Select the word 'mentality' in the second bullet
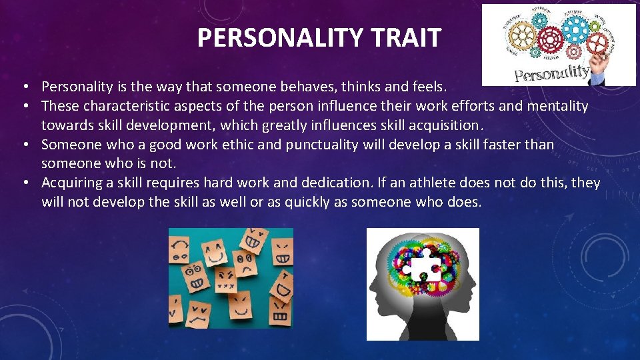[x=558, y=106]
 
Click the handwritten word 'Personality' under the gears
[x=551, y=73]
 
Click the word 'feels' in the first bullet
[x=427, y=87]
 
